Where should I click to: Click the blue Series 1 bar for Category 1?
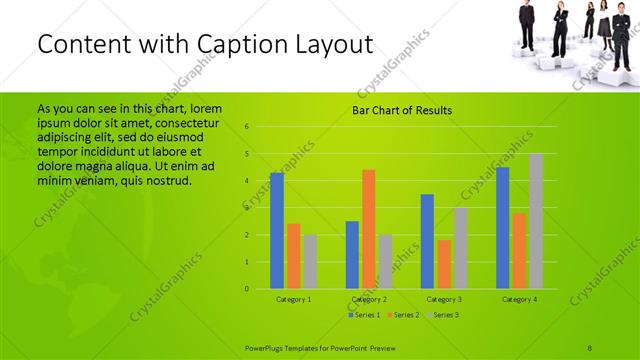pyautogui.click(x=277, y=231)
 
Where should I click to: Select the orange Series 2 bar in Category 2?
pyautogui.click(x=368, y=229)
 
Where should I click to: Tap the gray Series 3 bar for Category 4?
pyautogui.click(x=536, y=221)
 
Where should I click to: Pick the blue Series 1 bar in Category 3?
pyautogui.click(x=427, y=241)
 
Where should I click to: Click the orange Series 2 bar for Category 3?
pyautogui.click(x=444, y=264)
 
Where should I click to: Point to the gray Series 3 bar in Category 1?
pyautogui.click(x=310, y=262)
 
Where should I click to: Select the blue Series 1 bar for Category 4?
pyautogui.click(x=502, y=228)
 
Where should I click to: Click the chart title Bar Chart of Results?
pyautogui.click(x=401, y=110)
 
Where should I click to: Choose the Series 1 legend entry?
pyautogui.click(x=364, y=315)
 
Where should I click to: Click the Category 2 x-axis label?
pyautogui.click(x=369, y=299)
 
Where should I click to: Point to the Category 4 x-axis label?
pyautogui.click(x=519, y=299)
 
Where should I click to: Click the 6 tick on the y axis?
pyautogui.click(x=247, y=127)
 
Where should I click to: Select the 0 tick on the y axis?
pyautogui.click(x=247, y=289)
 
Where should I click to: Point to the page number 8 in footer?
pyautogui.click(x=590, y=347)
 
